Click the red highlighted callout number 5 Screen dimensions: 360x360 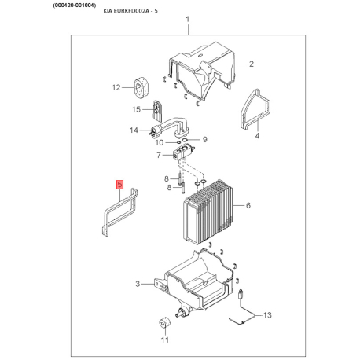[x=119, y=185]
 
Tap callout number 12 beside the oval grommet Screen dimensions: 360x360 [x=116, y=87]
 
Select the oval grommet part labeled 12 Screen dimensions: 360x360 [x=141, y=87]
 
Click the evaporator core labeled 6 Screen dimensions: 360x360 [x=209, y=212]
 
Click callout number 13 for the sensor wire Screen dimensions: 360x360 [x=267, y=315]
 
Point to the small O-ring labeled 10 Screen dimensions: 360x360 [x=178, y=142]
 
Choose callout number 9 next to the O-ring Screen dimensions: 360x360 [x=205, y=139]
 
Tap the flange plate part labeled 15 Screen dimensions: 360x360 [x=157, y=111]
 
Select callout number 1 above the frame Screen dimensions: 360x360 [x=187, y=19]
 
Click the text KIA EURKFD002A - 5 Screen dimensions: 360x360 [x=130, y=11]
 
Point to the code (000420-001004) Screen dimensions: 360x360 [x=75, y=5]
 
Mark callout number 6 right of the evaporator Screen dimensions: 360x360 [x=248, y=205]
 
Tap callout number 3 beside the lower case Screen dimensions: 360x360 [x=138, y=284]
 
